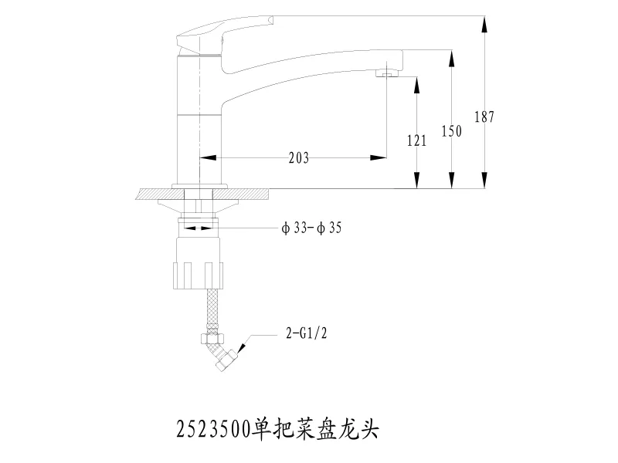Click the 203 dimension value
pyautogui.click(x=299, y=158)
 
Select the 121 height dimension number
pyautogui.click(x=416, y=140)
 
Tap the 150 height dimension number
pyautogui.click(x=452, y=131)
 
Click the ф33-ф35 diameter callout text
pyautogui.click(x=312, y=228)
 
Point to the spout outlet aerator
pyautogui.click(x=387, y=73)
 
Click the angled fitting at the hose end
pyautogui.click(x=224, y=357)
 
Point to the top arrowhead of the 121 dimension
pyautogui.click(x=416, y=84)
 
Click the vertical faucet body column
pyautogui.click(x=199, y=123)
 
